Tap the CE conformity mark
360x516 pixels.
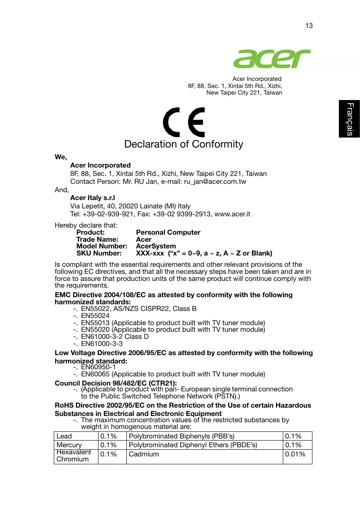tap(184, 122)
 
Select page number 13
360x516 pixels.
tap(309, 26)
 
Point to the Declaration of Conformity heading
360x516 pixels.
tap(184, 144)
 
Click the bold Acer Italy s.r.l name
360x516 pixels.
tap(93, 198)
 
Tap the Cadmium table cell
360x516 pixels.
tap(144, 454)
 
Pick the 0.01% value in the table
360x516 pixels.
tap(295, 454)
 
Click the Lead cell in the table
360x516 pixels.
tap(64, 436)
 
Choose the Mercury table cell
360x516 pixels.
tap(69, 445)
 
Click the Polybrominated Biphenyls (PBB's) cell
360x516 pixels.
tap(181, 436)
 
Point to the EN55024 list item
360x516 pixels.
tap(95, 316)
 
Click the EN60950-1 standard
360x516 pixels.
tap(98, 367)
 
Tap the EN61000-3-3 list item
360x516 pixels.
tap(101, 344)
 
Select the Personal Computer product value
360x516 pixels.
tap(168, 233)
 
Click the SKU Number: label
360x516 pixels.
tap(99, 253)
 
